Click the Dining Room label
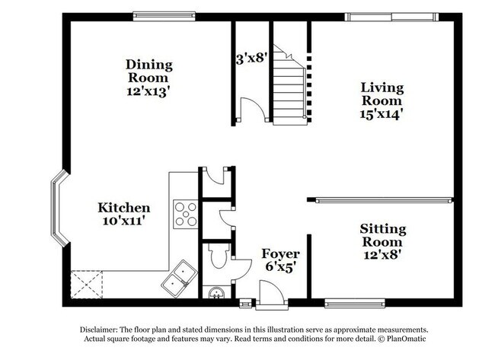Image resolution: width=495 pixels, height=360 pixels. (x=148, y=71)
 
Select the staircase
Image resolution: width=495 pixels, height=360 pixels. (x=289, y=84)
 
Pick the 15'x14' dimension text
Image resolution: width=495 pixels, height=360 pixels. (x=382, y=114)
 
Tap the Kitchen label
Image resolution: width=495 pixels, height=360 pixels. (x=123, y=207)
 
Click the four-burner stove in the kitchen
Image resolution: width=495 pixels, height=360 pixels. (x=185, y=213)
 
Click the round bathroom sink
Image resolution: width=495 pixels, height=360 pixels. (x=216, y=293)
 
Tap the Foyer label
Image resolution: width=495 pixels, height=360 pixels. (x=280, y=253)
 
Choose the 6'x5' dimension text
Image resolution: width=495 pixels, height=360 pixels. (x=280, y=267)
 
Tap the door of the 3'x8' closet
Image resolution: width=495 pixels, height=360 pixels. (x=252, y=110)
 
